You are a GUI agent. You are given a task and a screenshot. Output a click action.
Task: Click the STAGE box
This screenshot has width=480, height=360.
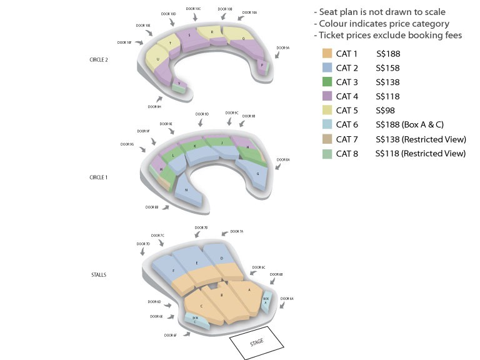(256, 343)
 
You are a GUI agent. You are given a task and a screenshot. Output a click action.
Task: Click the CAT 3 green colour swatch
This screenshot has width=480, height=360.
(326, 82)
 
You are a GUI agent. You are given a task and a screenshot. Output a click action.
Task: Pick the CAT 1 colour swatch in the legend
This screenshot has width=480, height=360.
(326, 54)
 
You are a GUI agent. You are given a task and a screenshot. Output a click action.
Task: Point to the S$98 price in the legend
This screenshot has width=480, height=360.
(386, 111)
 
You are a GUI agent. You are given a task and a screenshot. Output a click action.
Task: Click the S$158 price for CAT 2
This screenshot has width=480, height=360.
(388, 68)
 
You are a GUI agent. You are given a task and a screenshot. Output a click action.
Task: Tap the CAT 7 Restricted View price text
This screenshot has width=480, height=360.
(421, 139)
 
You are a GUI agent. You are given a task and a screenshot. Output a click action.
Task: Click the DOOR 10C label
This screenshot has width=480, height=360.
(194, 9)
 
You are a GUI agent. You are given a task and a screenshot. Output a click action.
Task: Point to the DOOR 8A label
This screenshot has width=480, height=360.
(283, 160)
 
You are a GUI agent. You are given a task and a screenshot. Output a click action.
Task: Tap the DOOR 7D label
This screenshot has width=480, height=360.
(143, 243)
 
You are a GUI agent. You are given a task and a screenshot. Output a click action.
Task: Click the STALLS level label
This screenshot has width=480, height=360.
(99, 274)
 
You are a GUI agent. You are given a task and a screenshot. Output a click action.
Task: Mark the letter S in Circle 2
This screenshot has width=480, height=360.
(189, 36)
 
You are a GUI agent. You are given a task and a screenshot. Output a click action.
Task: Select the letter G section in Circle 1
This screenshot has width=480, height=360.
(257, 174)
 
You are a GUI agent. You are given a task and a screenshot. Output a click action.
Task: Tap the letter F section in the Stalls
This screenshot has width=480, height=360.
(172, 271)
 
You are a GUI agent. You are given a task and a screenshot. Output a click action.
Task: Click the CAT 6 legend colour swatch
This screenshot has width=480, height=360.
(326, 125)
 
